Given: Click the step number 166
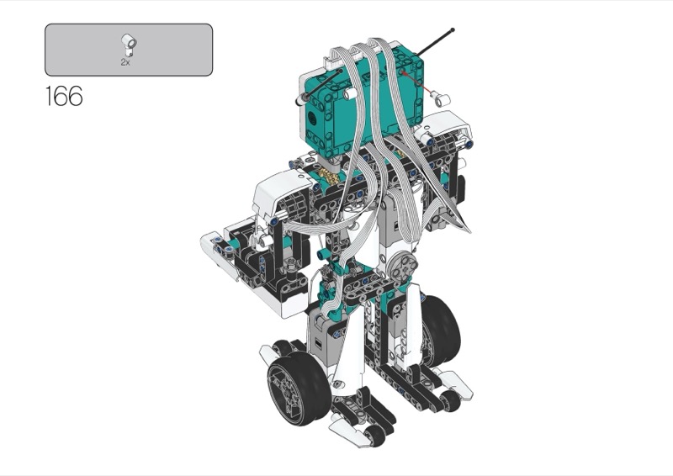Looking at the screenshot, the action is [64, 96].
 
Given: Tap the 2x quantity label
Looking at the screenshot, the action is [125, 62].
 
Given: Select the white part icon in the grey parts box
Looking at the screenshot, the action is [129, 45].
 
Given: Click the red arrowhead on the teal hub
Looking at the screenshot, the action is [405, 73].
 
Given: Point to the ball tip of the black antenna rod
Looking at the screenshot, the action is [453, 30].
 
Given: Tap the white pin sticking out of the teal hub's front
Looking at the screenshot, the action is [350, 93].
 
